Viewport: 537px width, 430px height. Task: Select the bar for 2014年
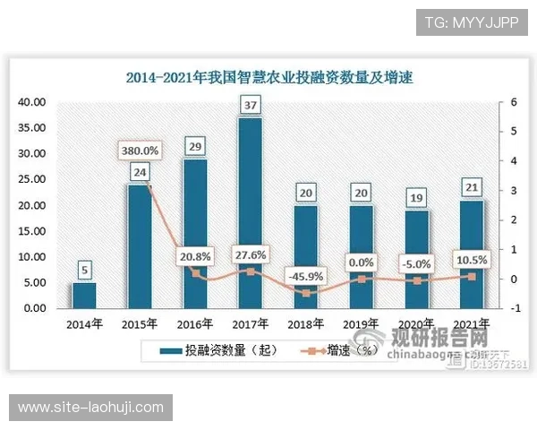tap(84, 295)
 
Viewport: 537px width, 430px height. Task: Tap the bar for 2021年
tap(472, 254)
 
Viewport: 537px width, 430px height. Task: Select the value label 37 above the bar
tap(250, 107)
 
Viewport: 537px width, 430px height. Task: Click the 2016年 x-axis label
tap(194, 322)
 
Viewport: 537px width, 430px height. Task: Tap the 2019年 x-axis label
tap(361, 322)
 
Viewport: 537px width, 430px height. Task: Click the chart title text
tap(268, 77)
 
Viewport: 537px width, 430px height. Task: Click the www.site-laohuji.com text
tap(91, 408)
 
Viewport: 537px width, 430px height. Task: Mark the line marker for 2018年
tap(305, 292)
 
